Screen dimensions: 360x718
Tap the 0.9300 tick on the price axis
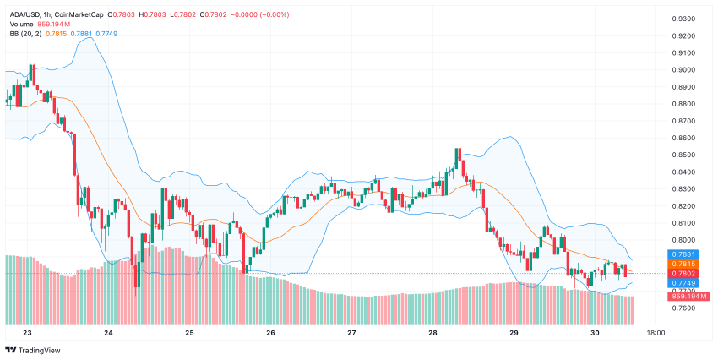click(683, 19)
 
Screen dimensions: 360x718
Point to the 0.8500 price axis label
click(683, 155)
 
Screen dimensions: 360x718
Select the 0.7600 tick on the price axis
click(683, 308)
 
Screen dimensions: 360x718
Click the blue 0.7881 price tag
click(683, 254)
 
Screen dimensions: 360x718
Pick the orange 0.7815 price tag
click(683, 264)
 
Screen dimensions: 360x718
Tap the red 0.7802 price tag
click(683, 273)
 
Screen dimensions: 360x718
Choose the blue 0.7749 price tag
click(683, 282)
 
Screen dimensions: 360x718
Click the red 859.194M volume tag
click(689, 296)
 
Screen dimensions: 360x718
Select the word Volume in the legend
click(21, 24)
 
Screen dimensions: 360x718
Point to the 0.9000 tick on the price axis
click(683, 70)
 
